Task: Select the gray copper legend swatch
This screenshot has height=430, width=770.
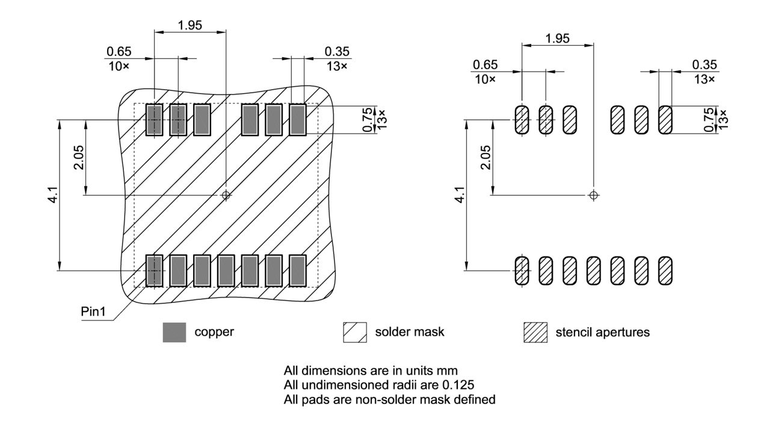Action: pyautogui.click(x=174, y=332)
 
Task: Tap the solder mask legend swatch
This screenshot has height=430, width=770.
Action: pyautogui.click(x=355, y=332)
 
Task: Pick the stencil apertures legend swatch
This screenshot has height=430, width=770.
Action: pyautogui.click(x=535, y=332)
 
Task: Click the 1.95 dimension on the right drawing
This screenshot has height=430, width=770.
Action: pyautogui.click(x=558, y=39)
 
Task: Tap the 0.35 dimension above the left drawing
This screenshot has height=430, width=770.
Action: pyautogui.click(x=337, y=52)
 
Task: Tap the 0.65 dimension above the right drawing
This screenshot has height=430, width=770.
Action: pyautogui.click(x=485, y=65)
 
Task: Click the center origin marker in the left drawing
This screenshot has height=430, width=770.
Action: pyautogui.click(x=226, y=195)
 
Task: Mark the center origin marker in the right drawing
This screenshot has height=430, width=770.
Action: pyautogui.click(x=594, y=195)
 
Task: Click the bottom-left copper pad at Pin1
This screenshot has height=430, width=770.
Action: pyautogui.click(x=155, y=270)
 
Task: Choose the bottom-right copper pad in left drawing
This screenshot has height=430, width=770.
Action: pyautogui.click(x=298, y=270)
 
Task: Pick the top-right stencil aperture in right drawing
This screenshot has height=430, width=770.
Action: pyautogui.click(x=665, y=120)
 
